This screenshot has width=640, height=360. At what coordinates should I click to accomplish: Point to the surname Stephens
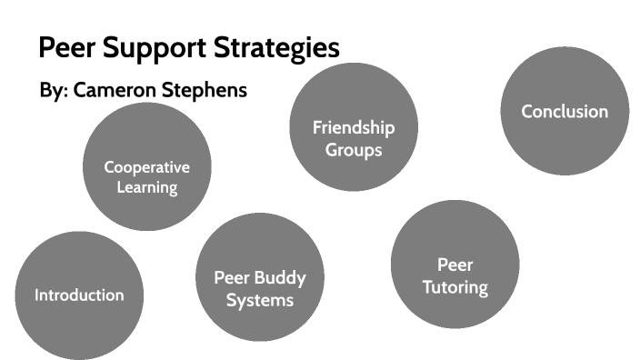(x=208, y=91)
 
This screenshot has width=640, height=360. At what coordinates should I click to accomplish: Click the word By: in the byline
(x=54, y=91)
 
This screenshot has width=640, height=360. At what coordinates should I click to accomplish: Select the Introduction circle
(x=79, y=295)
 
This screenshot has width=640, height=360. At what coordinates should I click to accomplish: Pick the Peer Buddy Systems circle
(x=260, y=276)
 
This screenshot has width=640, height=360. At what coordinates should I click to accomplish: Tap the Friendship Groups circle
(x=354, y=126)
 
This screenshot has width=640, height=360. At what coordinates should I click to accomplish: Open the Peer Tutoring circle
(x=455, y=265)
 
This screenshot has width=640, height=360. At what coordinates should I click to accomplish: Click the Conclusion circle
(x=565, y=111)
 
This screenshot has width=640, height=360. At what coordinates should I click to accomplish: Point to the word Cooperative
(x=146, y=167)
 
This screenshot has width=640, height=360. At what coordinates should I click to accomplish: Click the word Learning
(x=146, y=188)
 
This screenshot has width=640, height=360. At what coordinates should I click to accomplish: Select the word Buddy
(x=279, y=277)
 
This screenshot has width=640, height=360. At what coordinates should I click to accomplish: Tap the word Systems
(x=260, y=299)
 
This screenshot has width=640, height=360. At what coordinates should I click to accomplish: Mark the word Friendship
(x=354, y=126)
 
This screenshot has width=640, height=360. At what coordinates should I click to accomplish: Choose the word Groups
(x=354, y=149)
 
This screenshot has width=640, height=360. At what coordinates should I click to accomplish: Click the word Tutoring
(x=455, y=287)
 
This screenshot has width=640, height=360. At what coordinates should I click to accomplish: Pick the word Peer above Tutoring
(x=455, y=265)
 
